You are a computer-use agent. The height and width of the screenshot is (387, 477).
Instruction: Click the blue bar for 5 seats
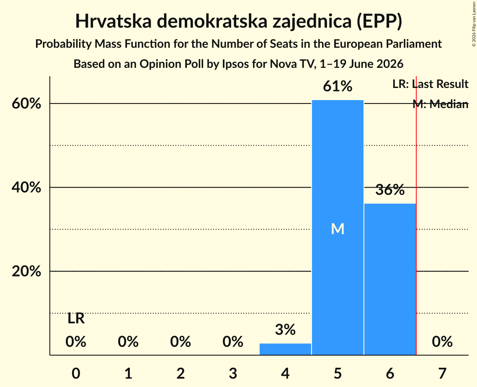click(338, 227)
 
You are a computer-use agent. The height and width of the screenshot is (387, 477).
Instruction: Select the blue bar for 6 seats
click(390, 279)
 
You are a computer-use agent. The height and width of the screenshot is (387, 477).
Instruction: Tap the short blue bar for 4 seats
click(285, 349)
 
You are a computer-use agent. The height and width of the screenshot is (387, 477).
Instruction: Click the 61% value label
click(338, 86)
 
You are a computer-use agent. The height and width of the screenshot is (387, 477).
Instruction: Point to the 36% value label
click(390, 190)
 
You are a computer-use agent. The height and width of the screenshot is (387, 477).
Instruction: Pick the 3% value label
click(285, 330)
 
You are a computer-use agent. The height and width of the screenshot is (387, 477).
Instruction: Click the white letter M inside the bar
click(338, 229)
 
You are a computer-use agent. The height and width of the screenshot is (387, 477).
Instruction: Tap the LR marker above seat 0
click(76, 319)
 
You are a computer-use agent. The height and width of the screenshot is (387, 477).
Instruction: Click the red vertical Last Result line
click(416, 215)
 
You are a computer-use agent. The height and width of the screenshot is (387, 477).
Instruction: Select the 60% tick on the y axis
click(26, 104)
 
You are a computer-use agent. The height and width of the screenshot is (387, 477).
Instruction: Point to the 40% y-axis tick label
click(26, 187)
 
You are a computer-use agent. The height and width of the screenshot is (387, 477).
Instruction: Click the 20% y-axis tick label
click(26, 271)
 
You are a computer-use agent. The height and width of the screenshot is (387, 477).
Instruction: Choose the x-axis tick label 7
click(442, 373)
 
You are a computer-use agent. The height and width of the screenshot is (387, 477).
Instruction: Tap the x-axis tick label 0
click(76, 373)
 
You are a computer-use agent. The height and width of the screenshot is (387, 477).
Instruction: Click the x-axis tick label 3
click(233, 373)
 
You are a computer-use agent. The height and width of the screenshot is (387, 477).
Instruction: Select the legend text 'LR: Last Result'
click(430, 84)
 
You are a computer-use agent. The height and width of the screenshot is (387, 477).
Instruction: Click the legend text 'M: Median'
click(441, 104)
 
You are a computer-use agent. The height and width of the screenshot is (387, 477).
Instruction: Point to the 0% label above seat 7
click(442, 342)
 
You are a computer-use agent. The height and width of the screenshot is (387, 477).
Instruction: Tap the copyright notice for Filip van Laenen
click(474, 24)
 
